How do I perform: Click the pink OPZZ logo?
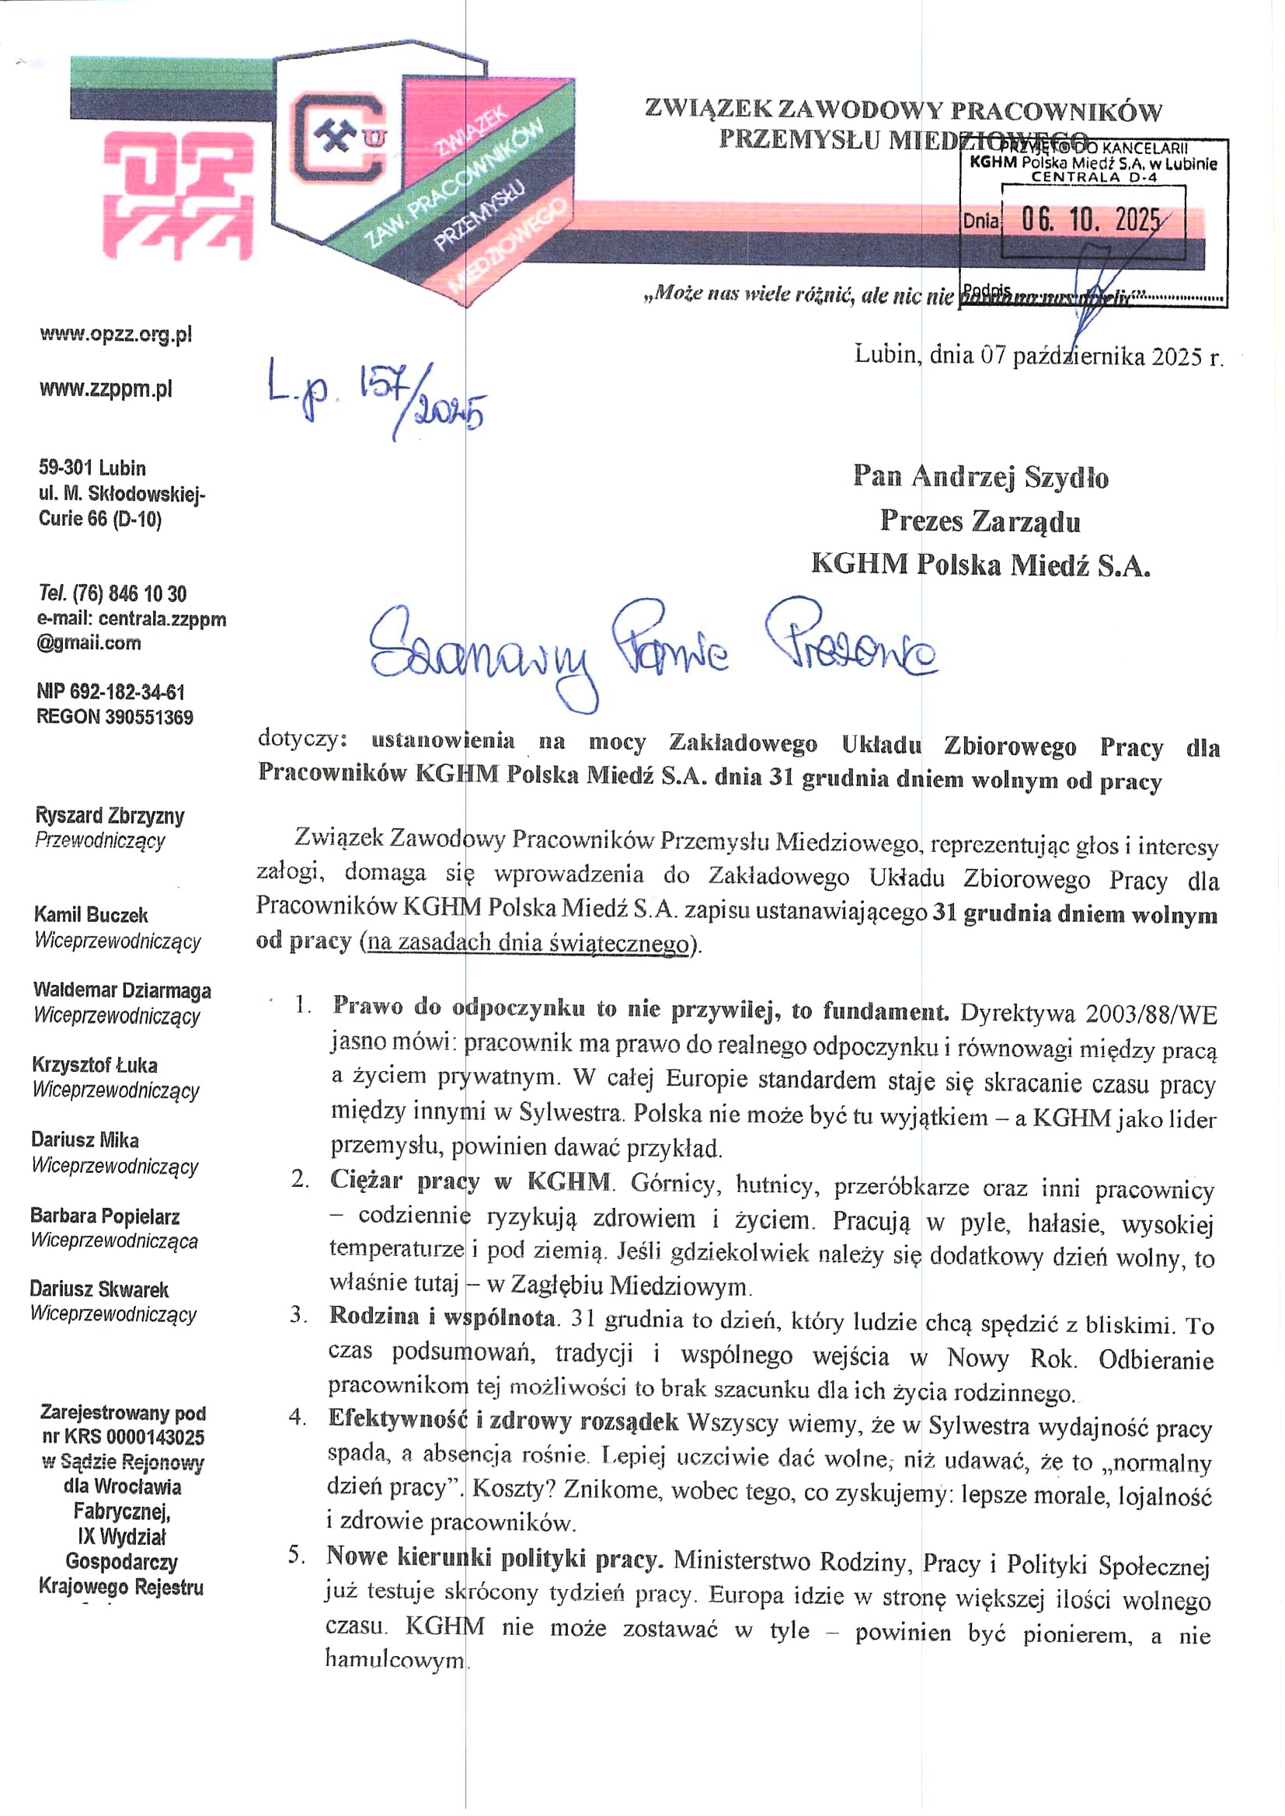coord(178,194)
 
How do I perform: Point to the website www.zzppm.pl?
coord(106,389)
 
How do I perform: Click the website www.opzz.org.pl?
coord(116,335)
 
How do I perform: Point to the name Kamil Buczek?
coord(91,915)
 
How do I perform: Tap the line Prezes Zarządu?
coord(980,520)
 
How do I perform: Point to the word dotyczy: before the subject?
coord(302,739)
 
